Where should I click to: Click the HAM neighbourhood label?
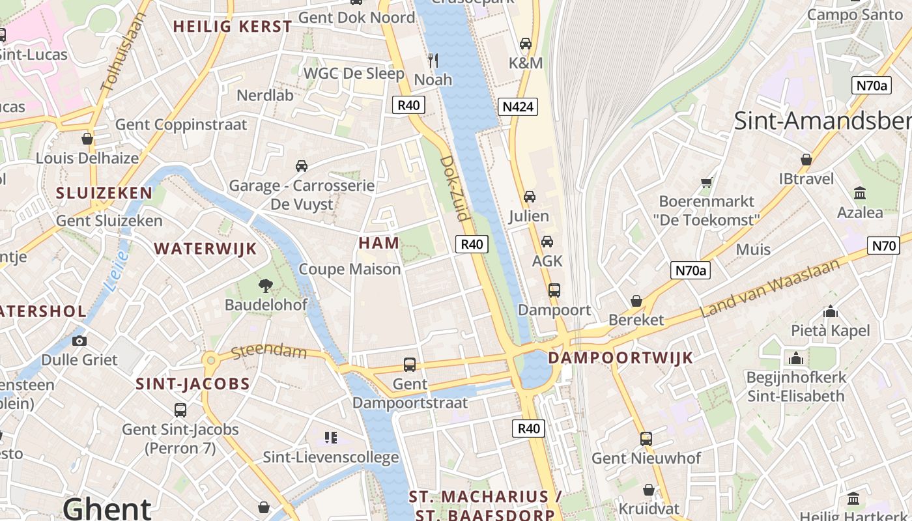pyautogui.click(x=378, y=243)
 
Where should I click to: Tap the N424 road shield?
pyautogui.click(x=518, y=107)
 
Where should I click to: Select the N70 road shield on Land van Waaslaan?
pyautogui.click(x=883, y=246)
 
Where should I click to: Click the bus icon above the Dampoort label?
pyautogui.click(x=554, y=290)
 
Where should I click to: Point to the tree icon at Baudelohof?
pyautogui.click(x=265, y=285)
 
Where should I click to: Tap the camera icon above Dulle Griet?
pyautogui.click(x=79, y=341)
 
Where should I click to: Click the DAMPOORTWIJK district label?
pyautogui.click(x=620, y=358)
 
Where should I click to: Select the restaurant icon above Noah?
pyautogui.click(x=433, y=61)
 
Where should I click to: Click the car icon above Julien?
pyautogui.click(x=529, y=196)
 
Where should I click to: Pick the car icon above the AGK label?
pyautogui.click(x=547, y=242)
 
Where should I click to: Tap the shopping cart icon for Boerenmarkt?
pyautogui.click(x=706, y=182)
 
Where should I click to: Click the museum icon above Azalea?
pyautogui.click(x=860, y=193)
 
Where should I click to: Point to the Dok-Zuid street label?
pyautogui.click(x=455, y=188)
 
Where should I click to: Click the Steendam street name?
pyautogui.click(x=268, y=351)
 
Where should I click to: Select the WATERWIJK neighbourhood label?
pyautogui.click(x=205, y=249)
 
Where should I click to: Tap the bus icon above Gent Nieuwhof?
pyautogui.click(x=646, y=438)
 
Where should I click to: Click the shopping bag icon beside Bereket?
pyautogui.click(x=636, y=301)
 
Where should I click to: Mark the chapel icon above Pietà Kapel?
pyautogui.click(x=830, y=311)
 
